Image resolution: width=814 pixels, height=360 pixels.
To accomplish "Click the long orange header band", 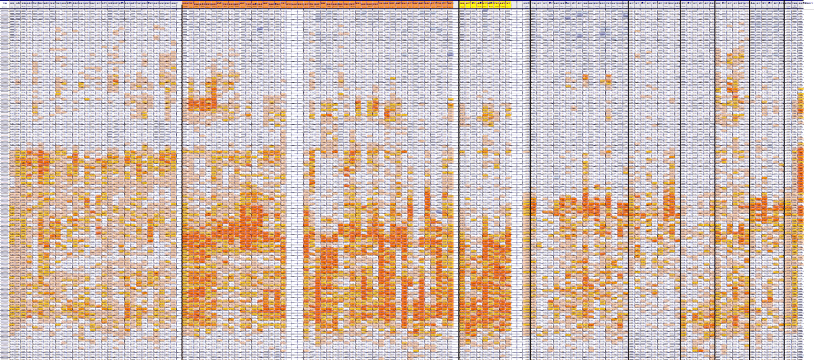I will (318, 4).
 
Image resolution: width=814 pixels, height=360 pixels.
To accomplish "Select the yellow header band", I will (485, 4).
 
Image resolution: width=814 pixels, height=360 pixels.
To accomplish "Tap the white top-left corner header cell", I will (4, 4).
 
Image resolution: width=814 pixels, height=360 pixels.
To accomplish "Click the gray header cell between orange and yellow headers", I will (456, 4).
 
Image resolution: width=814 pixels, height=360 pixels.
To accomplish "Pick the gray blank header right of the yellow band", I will (519, 4).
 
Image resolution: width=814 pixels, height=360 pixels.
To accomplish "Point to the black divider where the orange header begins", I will (182, 166).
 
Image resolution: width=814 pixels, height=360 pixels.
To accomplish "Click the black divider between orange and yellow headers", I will (459, 166).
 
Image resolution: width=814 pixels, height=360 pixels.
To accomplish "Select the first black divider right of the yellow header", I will (530, 166).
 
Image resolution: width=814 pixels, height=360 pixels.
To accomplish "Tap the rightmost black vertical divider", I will (784, 166).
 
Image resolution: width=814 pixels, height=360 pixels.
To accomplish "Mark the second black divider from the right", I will (749, 166).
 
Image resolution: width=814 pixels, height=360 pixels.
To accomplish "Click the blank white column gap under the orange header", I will (295, 166).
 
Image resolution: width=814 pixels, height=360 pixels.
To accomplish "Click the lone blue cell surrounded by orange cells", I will (438, 211).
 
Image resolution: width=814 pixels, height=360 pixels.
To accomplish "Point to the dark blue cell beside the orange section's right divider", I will (451, 54).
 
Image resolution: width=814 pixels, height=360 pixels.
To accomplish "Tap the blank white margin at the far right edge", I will (809, 166).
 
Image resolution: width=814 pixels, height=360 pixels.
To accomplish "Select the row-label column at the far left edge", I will (4, 166).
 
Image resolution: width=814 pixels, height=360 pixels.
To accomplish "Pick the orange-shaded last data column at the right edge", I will (800, 166).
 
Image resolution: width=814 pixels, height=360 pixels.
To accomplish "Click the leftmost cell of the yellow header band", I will (462, 4).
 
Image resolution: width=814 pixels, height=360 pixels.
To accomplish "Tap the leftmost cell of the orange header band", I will (185, 4).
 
